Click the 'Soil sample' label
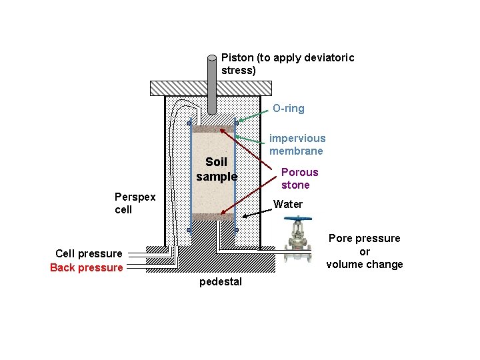[217, 169]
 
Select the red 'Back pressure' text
[87, 267]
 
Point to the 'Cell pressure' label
[89, 253]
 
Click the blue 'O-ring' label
[288, 108]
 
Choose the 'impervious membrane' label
[297, 145]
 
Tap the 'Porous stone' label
[299, 178]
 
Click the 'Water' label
[288, 204]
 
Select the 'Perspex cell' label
[135, 203]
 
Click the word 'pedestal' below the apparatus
[221, 282]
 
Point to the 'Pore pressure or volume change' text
[364, 251]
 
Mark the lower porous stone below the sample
[213, 217]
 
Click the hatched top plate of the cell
[211, 88]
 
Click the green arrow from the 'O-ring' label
[253, 115]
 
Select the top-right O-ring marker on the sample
[237, 123]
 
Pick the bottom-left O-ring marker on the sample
[189, 230]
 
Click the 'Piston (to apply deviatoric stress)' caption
[287, 63]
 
